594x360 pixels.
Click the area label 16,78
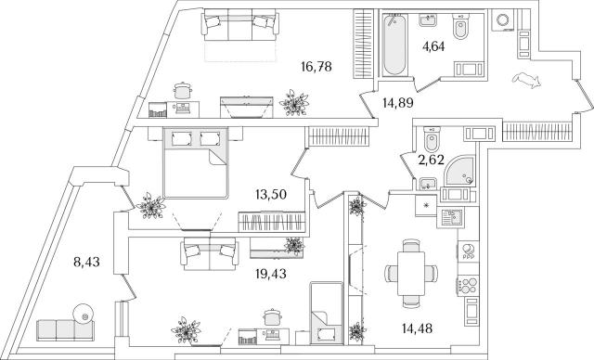[316, 67]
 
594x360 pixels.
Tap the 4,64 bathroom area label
[433, 46]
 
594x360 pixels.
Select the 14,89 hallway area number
[397, 103]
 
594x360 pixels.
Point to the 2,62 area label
[431, 161]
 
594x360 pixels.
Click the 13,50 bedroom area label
[271, 195]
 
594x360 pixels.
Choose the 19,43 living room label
[271, 274]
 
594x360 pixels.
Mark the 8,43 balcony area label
[86, 262]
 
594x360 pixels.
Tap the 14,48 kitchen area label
[417, 328]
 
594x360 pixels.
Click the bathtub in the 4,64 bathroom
[394, 45]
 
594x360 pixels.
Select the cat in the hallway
[526, 80]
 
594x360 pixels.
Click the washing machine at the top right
[503, 20]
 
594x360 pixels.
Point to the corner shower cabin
[459, 170]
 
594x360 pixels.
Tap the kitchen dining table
[411, 274]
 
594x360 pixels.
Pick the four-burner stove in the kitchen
[468, 286]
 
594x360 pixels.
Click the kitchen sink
[450, 218]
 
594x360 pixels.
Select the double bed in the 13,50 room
[196, 162]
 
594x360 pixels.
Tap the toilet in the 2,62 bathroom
[431, 138]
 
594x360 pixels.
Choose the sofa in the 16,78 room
[241, 25]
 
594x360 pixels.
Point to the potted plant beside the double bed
[151, 206]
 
